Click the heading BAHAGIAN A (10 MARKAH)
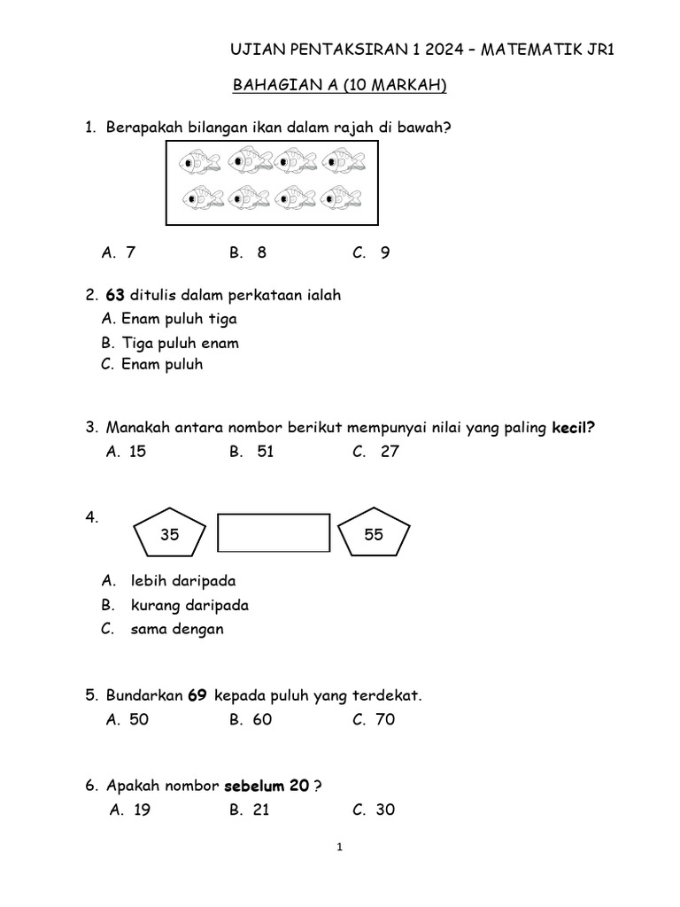(339, 86)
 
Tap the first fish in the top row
(200, 162)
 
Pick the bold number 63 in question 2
(115, 295)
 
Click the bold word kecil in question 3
(573, 428)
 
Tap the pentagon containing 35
(170, 534)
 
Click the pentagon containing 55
(375, 534)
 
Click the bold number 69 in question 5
(197, 696)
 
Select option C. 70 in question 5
(374, 719)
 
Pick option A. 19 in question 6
(131, 810)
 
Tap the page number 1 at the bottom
(339, 848)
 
